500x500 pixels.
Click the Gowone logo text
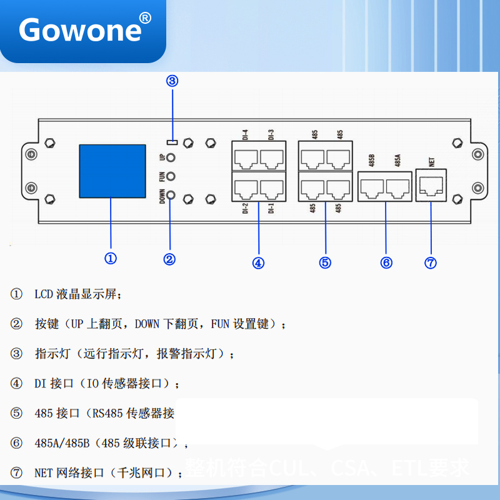coord(81,29)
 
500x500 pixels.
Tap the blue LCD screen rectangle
coord(112,171)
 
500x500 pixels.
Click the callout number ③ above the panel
coord(172,81)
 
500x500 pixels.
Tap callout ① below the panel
coord(111,258)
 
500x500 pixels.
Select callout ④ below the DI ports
coord(258,262)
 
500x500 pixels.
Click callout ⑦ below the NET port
coord(431,262)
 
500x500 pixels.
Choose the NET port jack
coord(431,185)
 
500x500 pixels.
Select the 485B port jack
coord(372,186)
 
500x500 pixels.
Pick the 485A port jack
coord(398,186)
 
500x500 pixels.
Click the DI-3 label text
coord(271,134)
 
